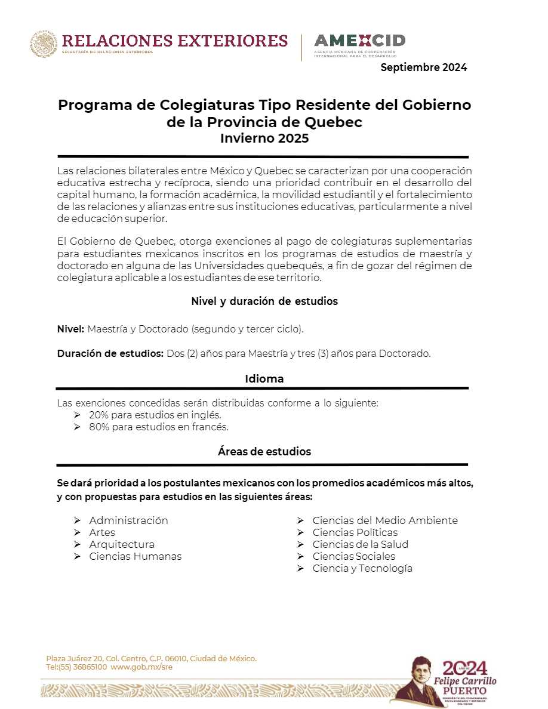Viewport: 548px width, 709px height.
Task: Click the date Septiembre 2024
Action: (424, 67)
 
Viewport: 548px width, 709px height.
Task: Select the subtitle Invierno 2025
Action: (264, 138)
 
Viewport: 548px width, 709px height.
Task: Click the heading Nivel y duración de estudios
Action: (264, 301)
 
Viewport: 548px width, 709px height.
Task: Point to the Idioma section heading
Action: (264, 379)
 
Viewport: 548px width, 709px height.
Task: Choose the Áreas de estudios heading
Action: (264, 451)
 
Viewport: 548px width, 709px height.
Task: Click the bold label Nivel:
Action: (70, 329)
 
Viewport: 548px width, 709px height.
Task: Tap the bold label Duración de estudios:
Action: (110, 353)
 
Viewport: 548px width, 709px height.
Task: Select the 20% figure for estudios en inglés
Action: (99, 415)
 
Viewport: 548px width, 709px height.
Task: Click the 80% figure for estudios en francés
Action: (99, 427)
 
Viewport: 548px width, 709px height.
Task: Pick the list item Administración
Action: (128, 520)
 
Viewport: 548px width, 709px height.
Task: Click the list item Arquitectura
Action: (122, 544)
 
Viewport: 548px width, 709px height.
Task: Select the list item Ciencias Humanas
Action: (136, 556)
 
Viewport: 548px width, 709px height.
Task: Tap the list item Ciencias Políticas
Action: (355, 532)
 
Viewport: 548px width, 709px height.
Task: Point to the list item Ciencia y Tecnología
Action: (362, 568)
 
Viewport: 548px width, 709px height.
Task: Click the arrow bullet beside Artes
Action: (77, 532)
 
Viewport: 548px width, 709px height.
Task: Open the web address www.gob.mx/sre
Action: (141, 667)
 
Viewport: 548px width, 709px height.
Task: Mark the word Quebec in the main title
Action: (333, 122)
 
